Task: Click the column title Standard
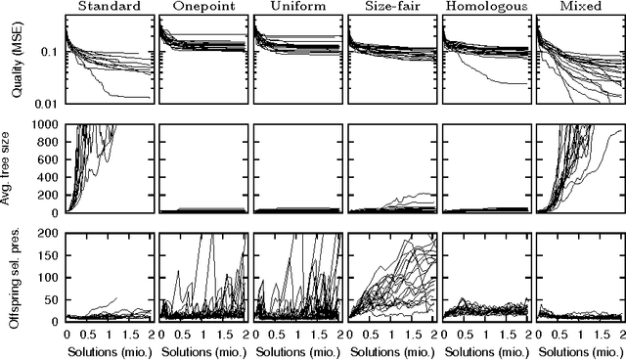point(108,7)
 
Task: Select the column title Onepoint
point(202,7)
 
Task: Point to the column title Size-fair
point(391,7)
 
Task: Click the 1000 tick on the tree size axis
point(44,124)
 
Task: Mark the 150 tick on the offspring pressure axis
point(48,256)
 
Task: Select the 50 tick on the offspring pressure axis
point(51,299)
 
